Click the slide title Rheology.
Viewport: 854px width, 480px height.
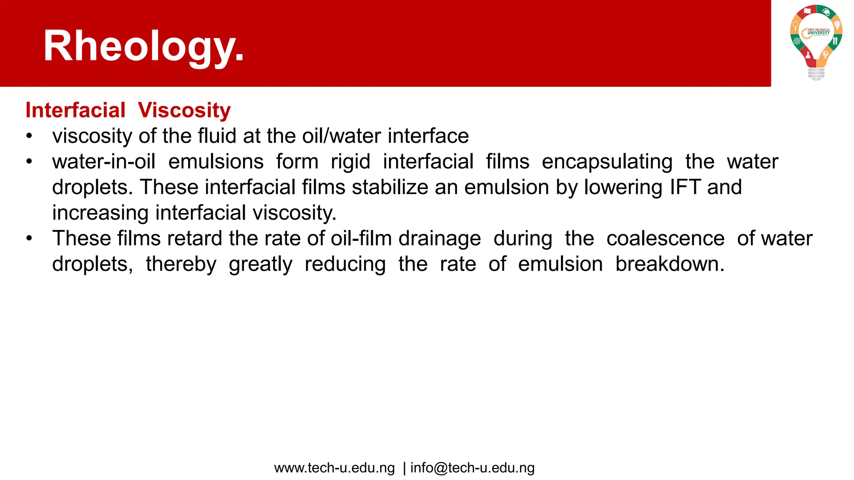click(x=143, y=46)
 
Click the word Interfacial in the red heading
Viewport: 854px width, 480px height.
click(x=75, y=110)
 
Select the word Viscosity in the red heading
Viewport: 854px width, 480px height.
click(x=184, y=110)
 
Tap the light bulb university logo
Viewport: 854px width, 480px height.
click(x=816, y=42)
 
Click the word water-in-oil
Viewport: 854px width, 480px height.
click(x=104, y=162)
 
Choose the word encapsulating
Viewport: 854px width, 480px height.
click(x=607, y=162)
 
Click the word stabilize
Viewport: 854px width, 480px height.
click(x=390, y=187)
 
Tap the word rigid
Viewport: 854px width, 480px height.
click(x=350, y=162)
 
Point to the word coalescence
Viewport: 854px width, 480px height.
click(x=666, y=238)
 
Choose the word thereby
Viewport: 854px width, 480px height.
click(x=181, y=264)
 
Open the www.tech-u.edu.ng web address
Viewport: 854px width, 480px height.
click(x=334, y=468)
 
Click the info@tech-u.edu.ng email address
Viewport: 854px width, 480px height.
click(x=472, y=468)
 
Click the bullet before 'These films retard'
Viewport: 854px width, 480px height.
click(x=29, y=238)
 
